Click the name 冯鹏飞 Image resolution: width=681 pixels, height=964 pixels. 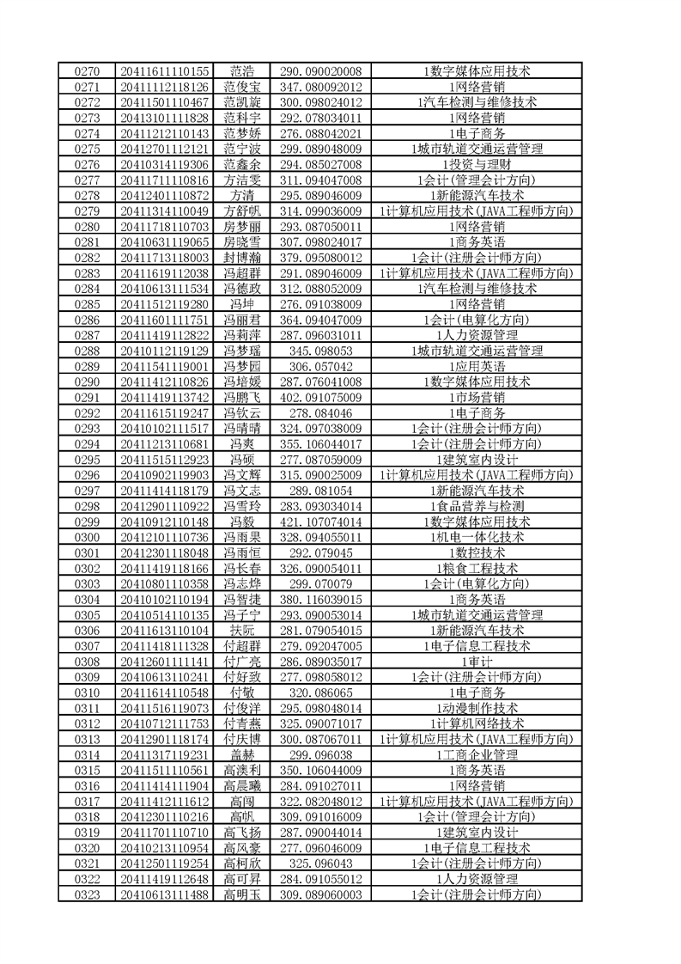coord(242,397)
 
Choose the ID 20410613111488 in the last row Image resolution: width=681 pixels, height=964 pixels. coord(165,895)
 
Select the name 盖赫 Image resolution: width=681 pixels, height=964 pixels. coord(242,754)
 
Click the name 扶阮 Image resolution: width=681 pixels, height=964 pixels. coord(242,631)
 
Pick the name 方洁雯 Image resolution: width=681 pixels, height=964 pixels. coord(242,180)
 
